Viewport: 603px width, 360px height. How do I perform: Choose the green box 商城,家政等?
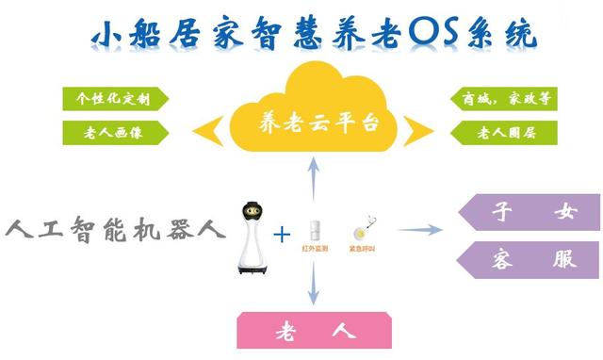pyautogui.click(x=495, y=99)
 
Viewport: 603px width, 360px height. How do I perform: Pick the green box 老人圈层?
pyautogui.click(x=495, y=132)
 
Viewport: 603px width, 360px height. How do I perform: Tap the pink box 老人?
pyautogui.click(x=314, y=332)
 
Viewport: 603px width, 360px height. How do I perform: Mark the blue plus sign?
pyautogui.click(x=282, y=232)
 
